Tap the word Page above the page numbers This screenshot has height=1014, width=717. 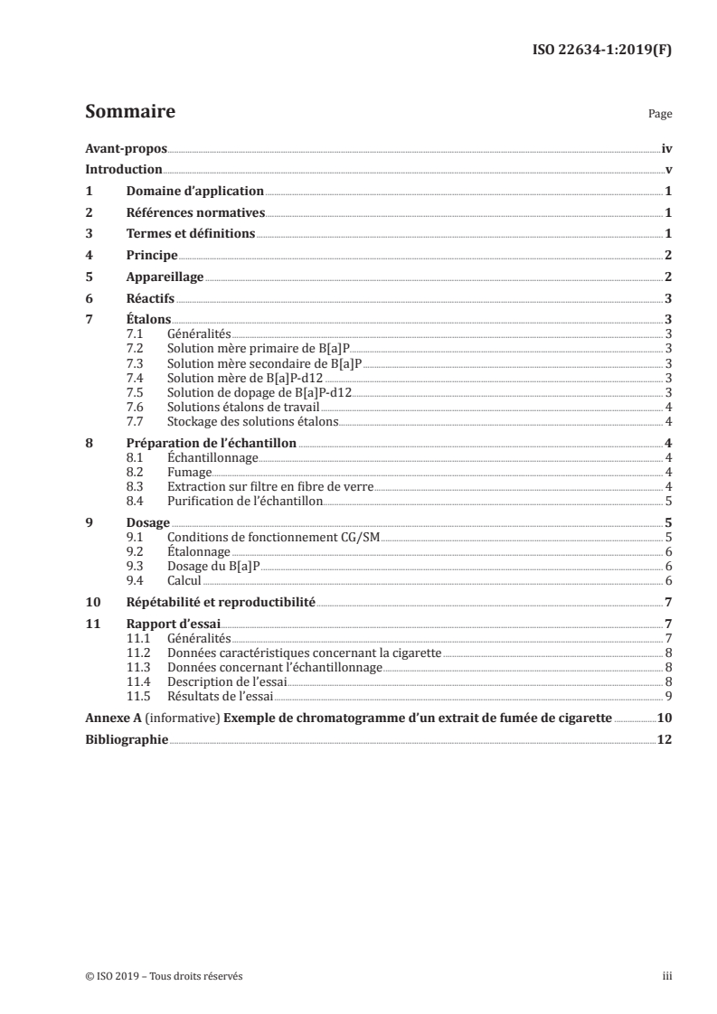pos(659,115)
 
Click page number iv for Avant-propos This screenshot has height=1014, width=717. pos(666,149)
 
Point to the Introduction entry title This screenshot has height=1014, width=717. pos(124,170)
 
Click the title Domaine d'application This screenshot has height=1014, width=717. pos(194,192)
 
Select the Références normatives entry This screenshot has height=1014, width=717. pos(195,213)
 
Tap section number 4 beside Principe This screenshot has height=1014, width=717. pos(89,256)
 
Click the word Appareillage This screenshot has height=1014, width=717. pos(165,277)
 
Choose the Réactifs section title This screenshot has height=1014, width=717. pos(150,299)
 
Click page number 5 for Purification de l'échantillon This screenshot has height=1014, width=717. pos(667,500)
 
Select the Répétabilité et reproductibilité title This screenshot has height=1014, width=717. pos(221,602)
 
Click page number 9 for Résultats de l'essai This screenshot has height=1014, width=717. pos(667,696)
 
